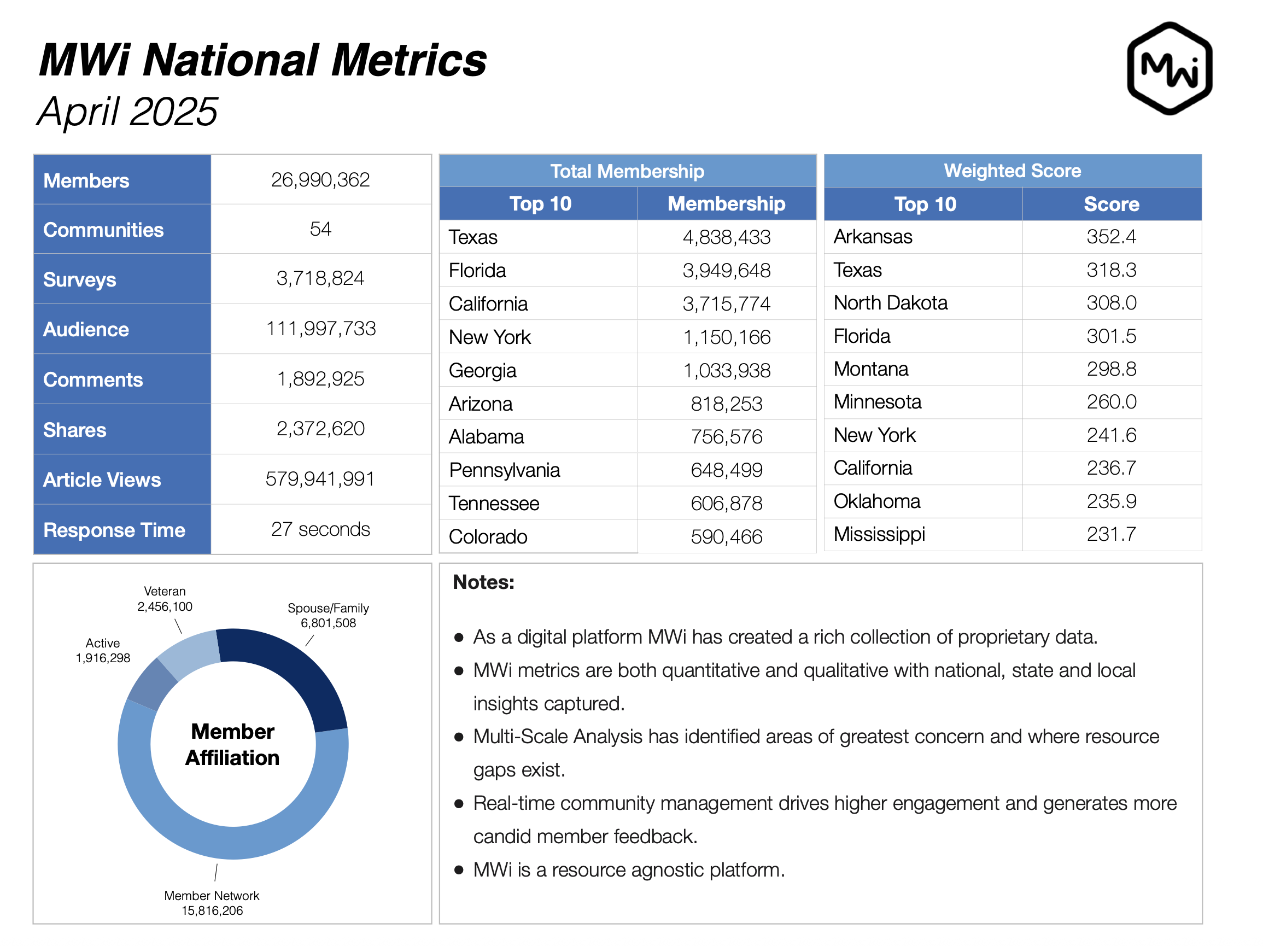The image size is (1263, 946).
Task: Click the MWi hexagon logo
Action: (1169, 68)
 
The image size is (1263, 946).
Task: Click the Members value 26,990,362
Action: (320, 180)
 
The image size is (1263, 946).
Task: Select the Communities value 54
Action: (320, 229)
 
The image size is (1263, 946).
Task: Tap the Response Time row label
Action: (114, 530)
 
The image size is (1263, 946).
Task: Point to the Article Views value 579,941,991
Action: (320, 478)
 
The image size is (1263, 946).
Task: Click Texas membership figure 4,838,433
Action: (726, 237)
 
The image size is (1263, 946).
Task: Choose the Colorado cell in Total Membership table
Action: (488, 536)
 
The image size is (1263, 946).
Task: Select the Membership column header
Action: (726, 204)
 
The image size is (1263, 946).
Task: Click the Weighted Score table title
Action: (1012, 171)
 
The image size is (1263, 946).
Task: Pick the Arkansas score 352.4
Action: (1110, 236)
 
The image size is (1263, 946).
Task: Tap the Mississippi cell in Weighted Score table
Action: (879, 534)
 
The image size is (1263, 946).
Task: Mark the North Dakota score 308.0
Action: (1110, 302)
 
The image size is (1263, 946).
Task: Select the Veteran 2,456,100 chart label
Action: (165, 599)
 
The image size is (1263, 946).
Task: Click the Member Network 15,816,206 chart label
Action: (212, 903)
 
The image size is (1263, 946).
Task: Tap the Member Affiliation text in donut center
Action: (232, 744)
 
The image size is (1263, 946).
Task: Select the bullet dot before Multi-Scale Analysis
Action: (459, 737)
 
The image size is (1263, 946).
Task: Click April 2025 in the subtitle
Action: (127, 112)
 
